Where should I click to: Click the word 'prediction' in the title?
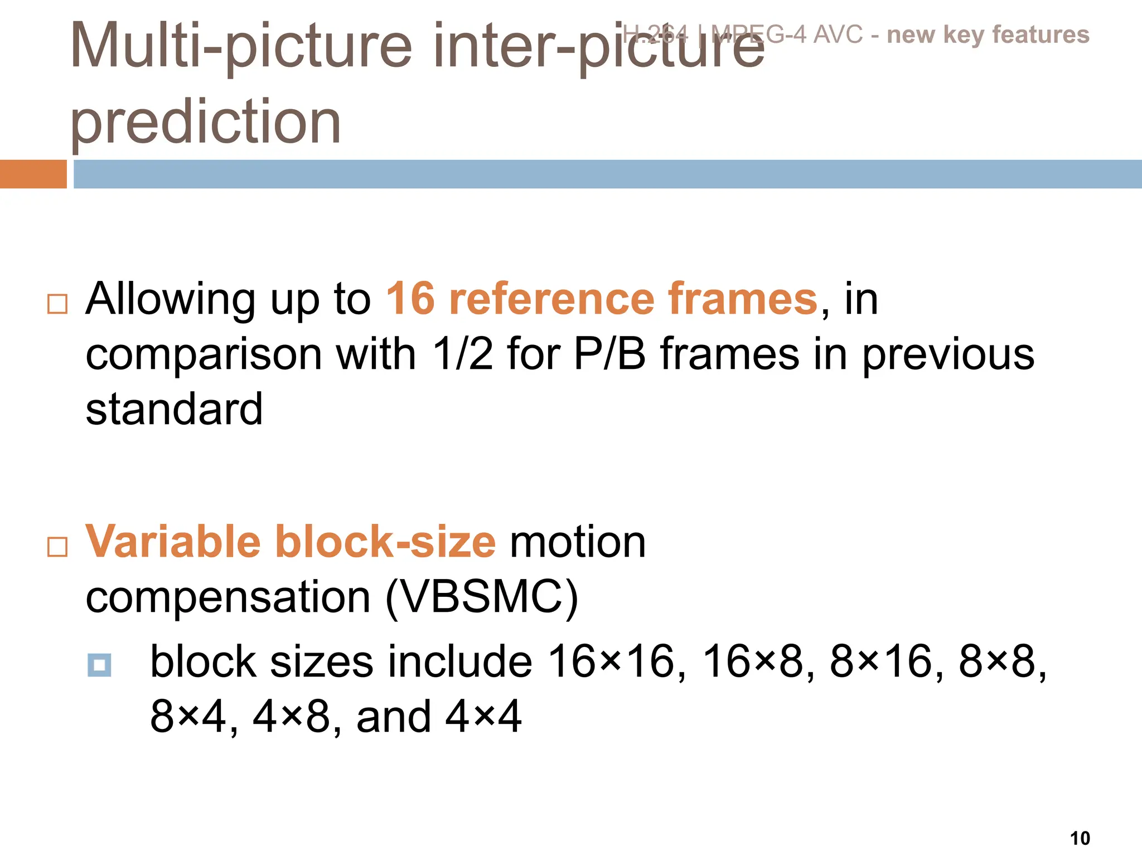tap(205, 121)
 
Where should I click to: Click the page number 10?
tap(1080, 838)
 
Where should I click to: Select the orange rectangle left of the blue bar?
tap(33, 174)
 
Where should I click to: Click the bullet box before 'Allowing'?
tap(57, 304)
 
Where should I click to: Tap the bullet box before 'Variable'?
tap(57, 547)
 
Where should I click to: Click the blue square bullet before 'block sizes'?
tap(99, 665)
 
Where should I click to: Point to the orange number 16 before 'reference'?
tap(410, 299)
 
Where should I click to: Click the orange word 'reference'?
tap(551, 299)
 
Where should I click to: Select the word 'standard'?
tap(174, 408)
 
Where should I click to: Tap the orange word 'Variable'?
tap(173, 542)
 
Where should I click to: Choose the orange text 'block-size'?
tap(385, 542)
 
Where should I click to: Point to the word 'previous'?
tap(948, 355)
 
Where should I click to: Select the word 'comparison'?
tap(204, 355)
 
